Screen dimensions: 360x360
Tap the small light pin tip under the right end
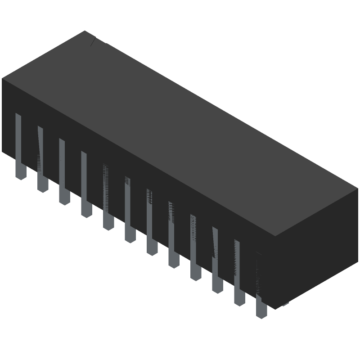tap(285, 306)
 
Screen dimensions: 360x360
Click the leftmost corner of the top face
tap(2, 78)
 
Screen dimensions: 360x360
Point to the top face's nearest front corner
tap(275, 236)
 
